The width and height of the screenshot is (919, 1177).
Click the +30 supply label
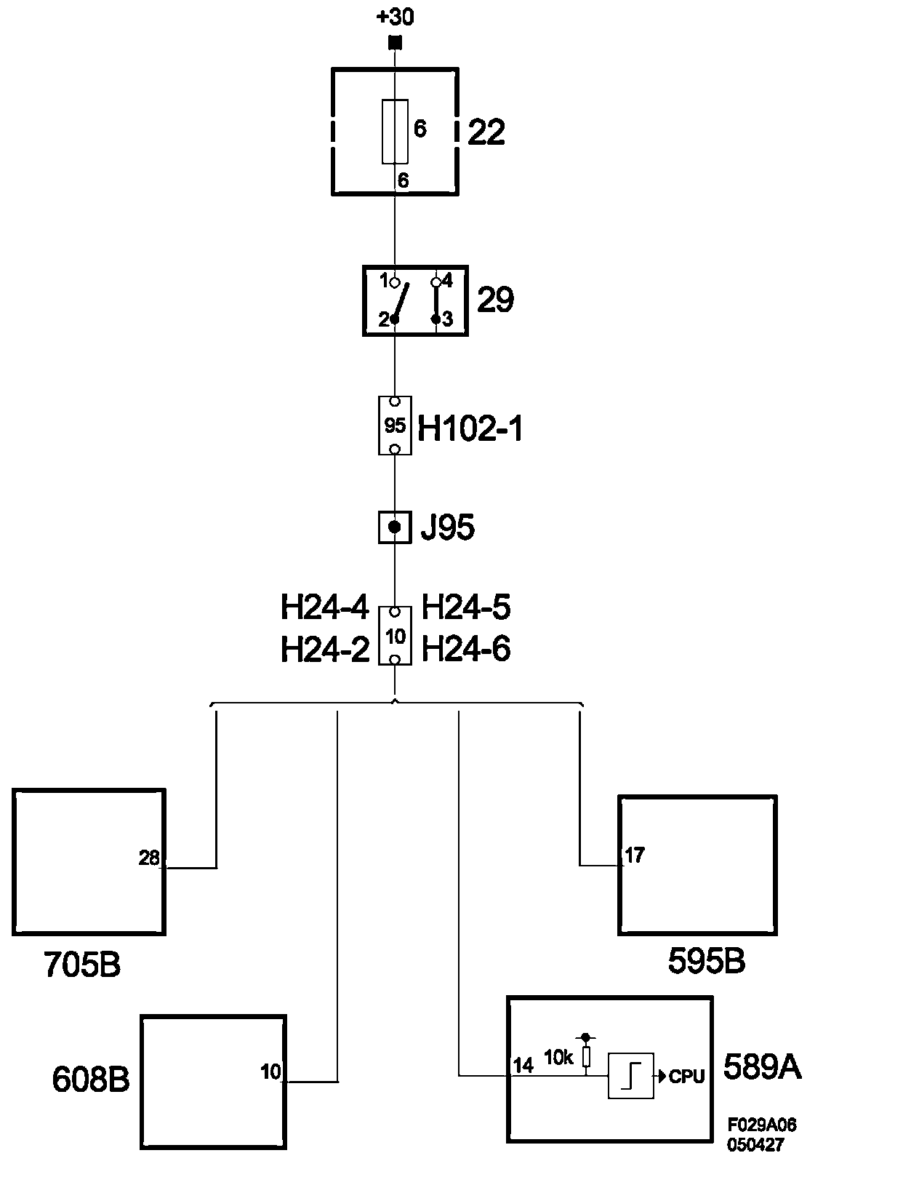point(395,16)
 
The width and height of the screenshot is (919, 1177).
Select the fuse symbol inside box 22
point(395,131)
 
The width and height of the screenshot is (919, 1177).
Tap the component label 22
point(486,132)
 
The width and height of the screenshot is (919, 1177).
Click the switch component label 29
point(495,300)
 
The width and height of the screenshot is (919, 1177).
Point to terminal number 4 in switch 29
point(447,280)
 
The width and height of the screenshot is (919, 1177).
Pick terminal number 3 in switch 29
point(448,319)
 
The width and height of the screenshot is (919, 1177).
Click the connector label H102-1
point(470,429)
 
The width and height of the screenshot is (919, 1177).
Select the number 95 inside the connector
point(395,426)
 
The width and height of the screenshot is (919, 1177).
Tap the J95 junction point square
point(395,527)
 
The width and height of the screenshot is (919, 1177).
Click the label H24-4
point(324,608)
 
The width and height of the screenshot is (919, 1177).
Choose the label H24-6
point(466,649)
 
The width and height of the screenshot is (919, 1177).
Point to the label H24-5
point(466,608)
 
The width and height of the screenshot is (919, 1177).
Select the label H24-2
point(324,650)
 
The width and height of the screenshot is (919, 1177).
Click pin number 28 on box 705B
point(148,858)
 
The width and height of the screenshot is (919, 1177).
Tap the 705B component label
point(82,965)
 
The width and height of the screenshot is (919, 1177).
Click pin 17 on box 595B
point(634,855)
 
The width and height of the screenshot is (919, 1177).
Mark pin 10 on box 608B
point(270,1072)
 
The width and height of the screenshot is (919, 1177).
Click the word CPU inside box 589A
point(686,1077)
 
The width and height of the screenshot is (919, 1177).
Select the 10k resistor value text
point(558,1058)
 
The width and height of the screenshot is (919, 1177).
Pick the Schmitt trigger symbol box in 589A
point(630,1075)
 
